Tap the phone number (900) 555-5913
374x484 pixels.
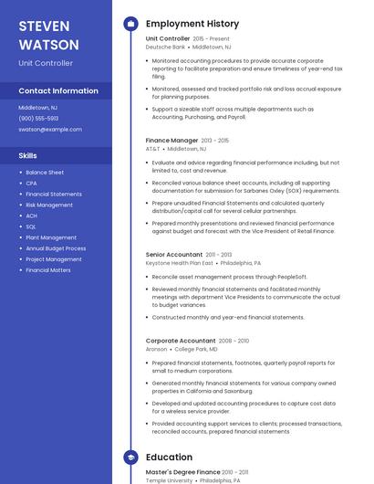(x=38, y=118)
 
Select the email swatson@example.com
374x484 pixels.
(x=50, y=129)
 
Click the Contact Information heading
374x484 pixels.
(x=58, y=91)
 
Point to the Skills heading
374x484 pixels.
(x=27, y=156)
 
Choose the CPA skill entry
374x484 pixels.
(x=31, y=183)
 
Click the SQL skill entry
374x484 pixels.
(x=31, y=226)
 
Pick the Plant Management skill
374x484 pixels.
(x=51, y=237)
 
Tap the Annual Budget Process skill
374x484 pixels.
(x=56, y=248)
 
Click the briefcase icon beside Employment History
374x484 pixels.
(x=130, y=24)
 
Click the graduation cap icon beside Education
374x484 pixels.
(x=130, y=457)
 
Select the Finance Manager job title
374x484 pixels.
(x=171, y=141)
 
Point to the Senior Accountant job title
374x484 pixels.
(x=173, y=255)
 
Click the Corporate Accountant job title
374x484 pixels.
(x=180, y=341)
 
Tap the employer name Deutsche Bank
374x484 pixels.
(x=165, y=47)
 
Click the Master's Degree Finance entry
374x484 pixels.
(x=182, y=472)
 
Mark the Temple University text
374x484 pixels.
(x=169, y=479)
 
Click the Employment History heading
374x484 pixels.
(x=192, y=24)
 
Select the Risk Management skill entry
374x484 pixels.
(x=49, y=205)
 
